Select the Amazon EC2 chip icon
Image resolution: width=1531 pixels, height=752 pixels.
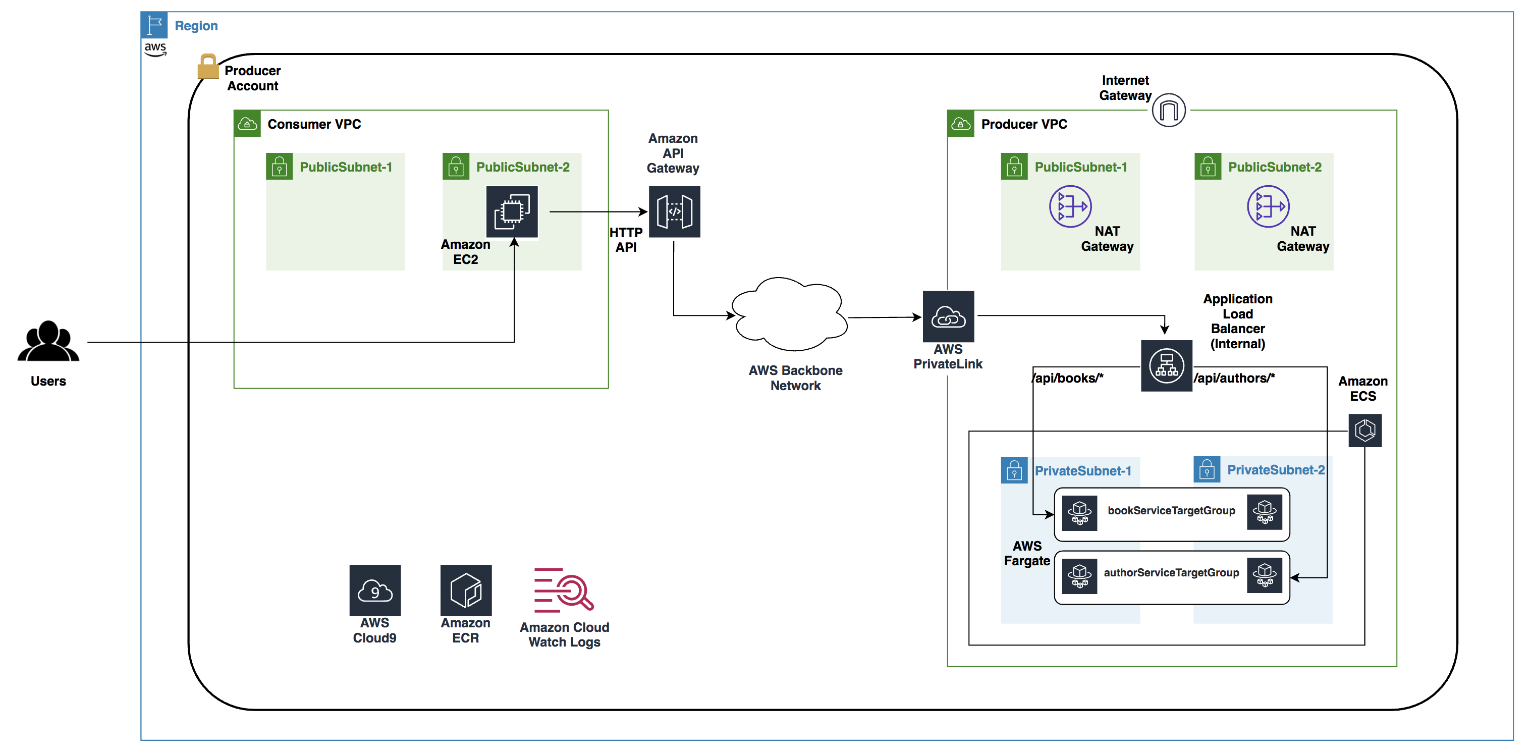pos(512,211)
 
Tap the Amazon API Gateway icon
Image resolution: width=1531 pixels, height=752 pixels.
pos(674,211)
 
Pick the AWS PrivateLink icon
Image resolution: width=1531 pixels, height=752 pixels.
pos(948,316)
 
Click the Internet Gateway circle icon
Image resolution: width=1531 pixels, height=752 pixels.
pos(1169,110)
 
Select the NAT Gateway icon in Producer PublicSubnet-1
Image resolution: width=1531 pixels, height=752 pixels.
pos(1070,206)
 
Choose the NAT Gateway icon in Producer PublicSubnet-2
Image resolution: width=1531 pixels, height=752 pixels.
pos(1268,206)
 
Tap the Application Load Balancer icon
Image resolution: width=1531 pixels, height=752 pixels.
pos(1166,365)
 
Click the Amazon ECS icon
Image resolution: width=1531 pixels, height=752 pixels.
pos(1364,430)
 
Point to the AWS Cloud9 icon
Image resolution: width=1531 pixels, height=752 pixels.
pos(375,590)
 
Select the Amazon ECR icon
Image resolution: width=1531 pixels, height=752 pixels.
pos(466,590)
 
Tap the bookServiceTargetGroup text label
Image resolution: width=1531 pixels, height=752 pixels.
pos(1171,511)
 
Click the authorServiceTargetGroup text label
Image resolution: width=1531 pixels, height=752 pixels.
pos(1171,572)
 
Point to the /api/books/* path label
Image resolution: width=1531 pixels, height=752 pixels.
pos(1068,378)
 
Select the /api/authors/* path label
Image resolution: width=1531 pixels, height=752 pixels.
pos(1234,378)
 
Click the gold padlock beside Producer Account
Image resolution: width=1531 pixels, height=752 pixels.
pos(207,67)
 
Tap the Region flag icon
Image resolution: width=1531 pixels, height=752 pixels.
pos(154,25)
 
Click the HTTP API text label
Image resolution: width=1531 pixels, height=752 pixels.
pos(625,240)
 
